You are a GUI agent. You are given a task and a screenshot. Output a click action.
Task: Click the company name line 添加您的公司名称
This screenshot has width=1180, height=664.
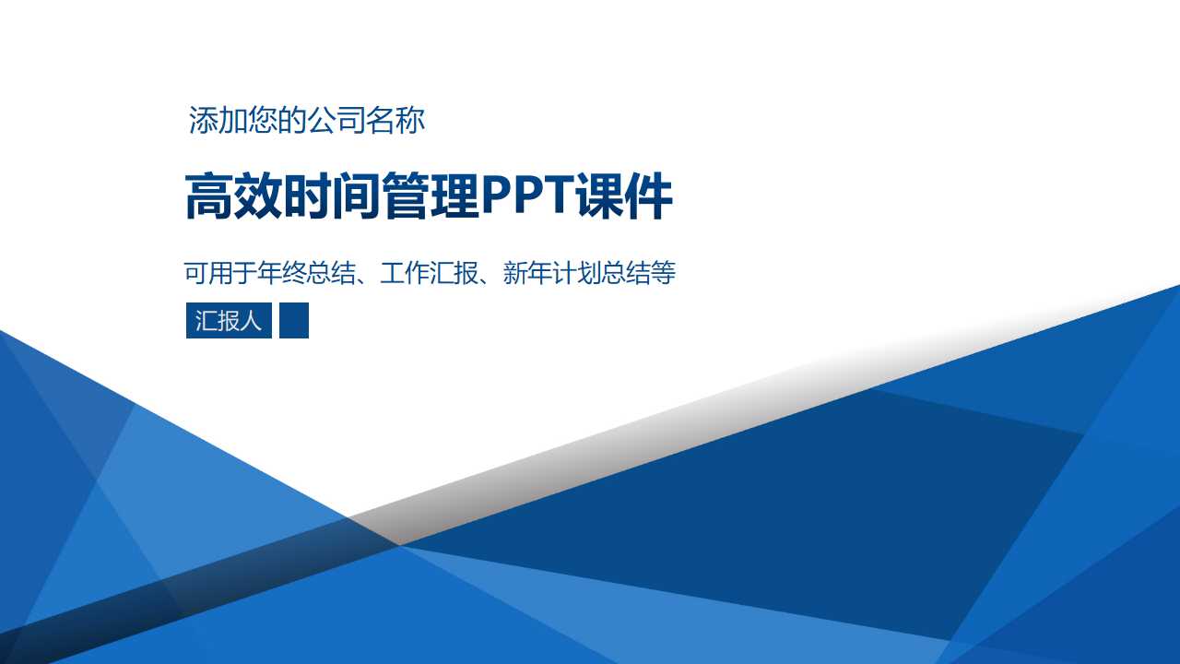(x=307, y=121)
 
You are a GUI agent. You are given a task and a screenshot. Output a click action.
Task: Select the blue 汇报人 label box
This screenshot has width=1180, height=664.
(x=229, y=321)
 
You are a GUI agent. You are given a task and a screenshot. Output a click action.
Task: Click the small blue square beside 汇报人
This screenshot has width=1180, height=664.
(x=294, y=321)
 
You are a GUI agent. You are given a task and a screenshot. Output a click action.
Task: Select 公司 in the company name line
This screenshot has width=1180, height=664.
(x=336, y=121)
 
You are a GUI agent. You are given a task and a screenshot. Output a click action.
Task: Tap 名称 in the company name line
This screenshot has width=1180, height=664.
(x=395, y=121)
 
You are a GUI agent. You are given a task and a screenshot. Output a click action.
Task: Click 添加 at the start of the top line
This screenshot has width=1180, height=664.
(x=218, y=121)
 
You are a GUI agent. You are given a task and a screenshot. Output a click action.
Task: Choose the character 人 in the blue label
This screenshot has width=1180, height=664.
(x=252, y=321)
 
